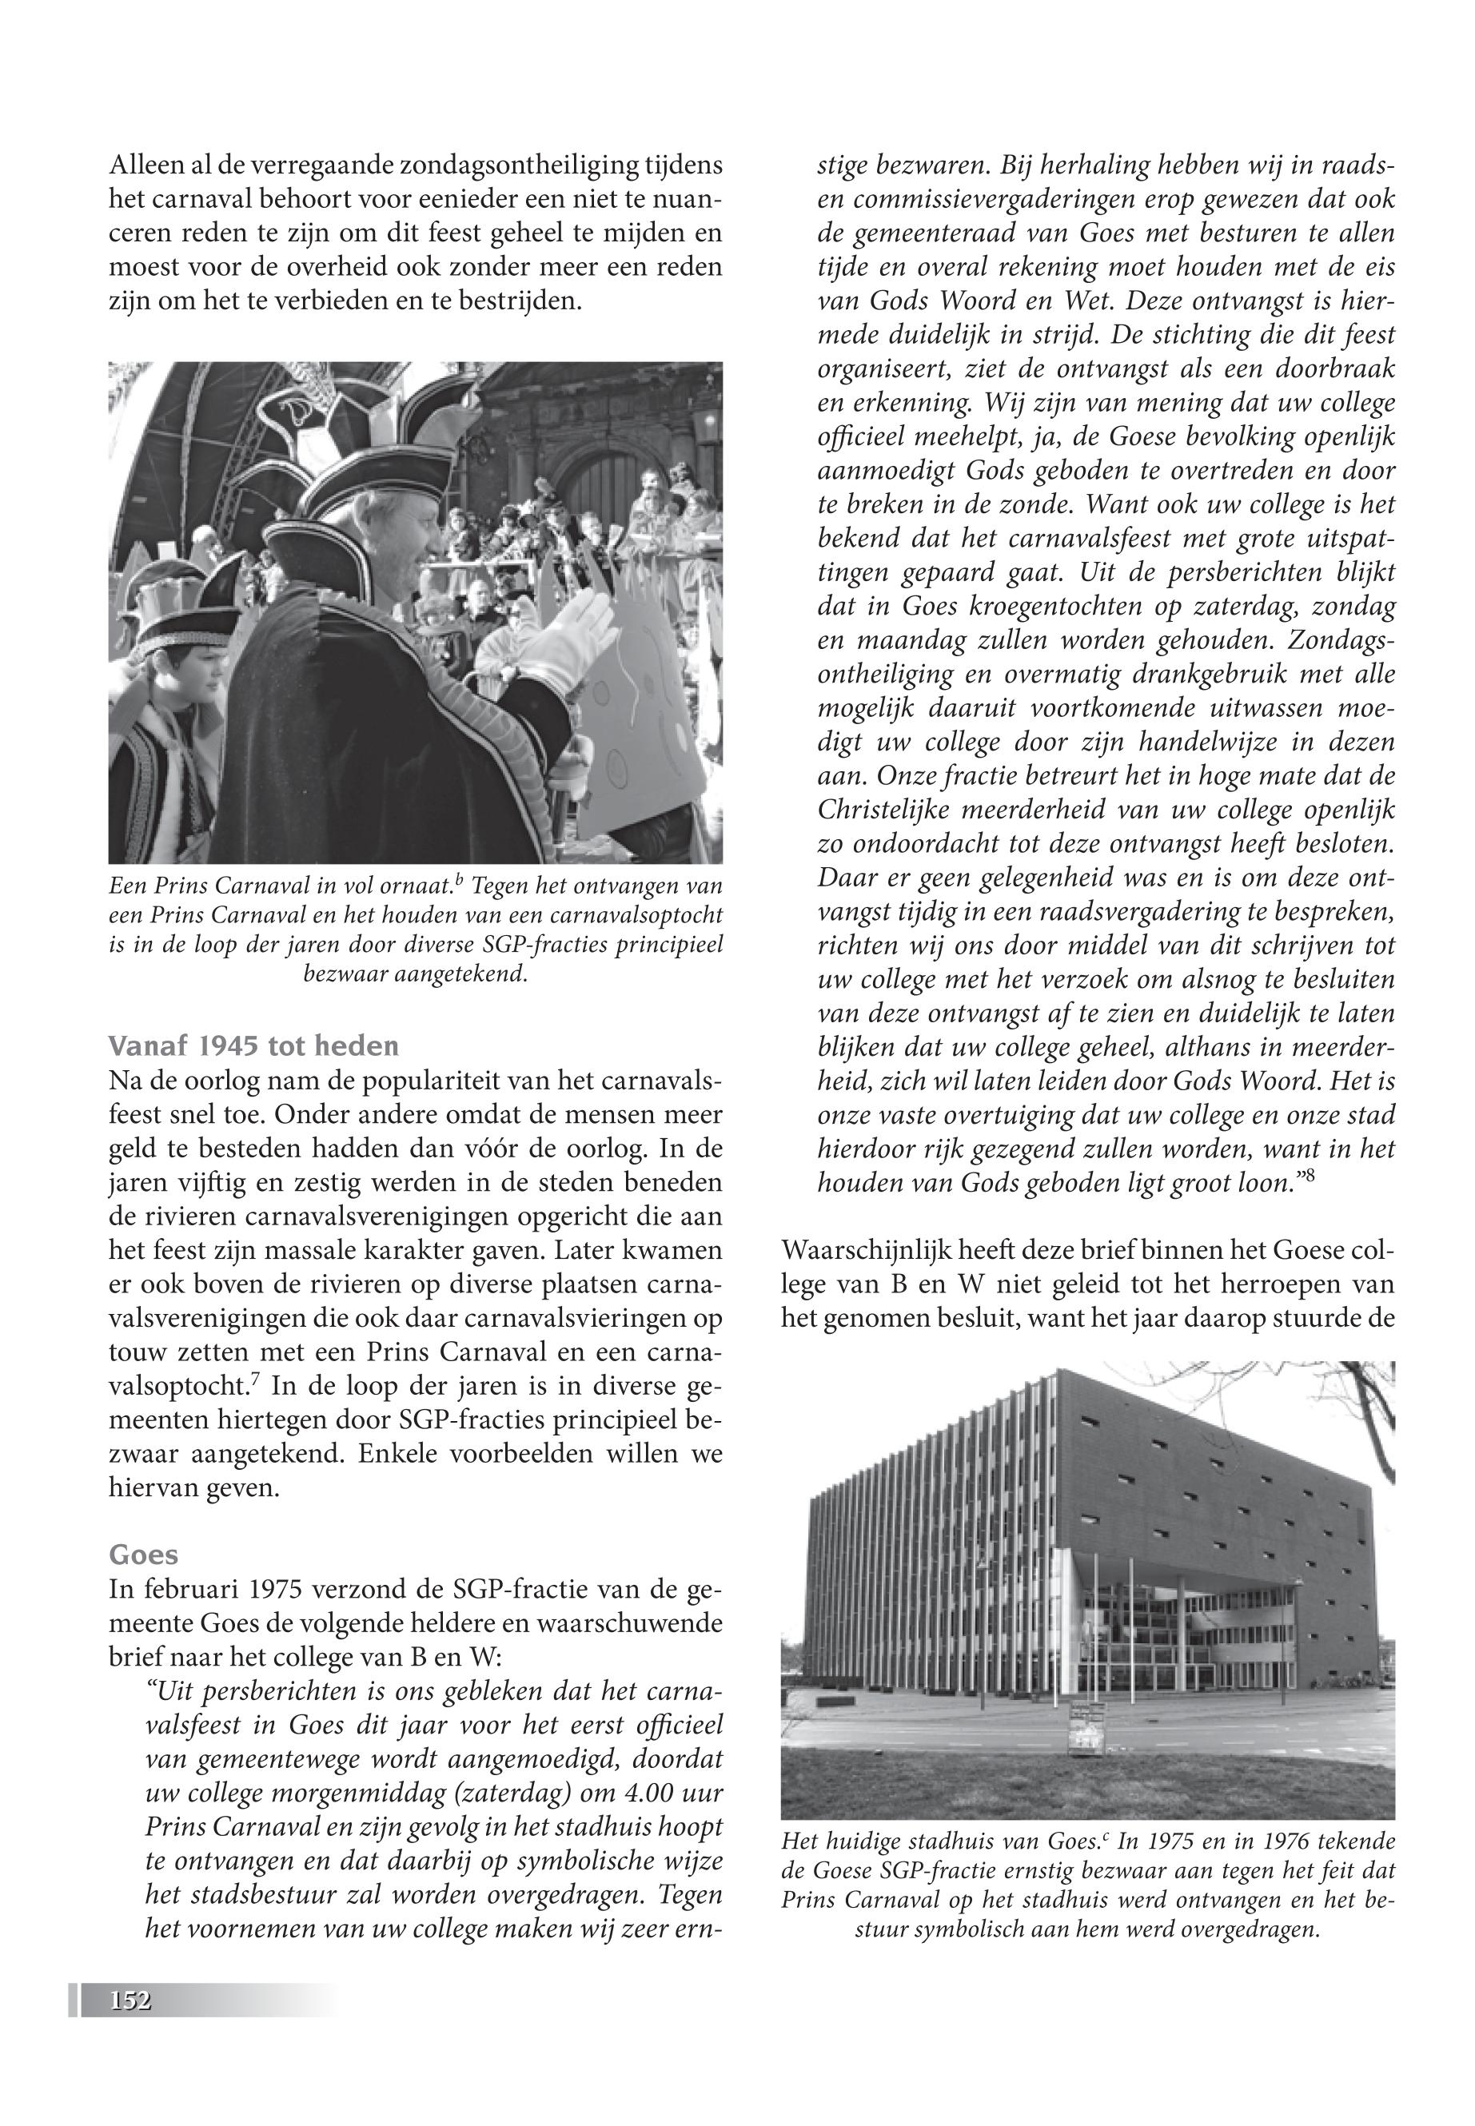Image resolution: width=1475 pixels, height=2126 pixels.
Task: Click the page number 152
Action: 130,2001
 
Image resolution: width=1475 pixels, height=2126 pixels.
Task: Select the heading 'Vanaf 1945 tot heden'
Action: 253,1046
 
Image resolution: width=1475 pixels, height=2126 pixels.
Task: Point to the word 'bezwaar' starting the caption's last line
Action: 344,975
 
